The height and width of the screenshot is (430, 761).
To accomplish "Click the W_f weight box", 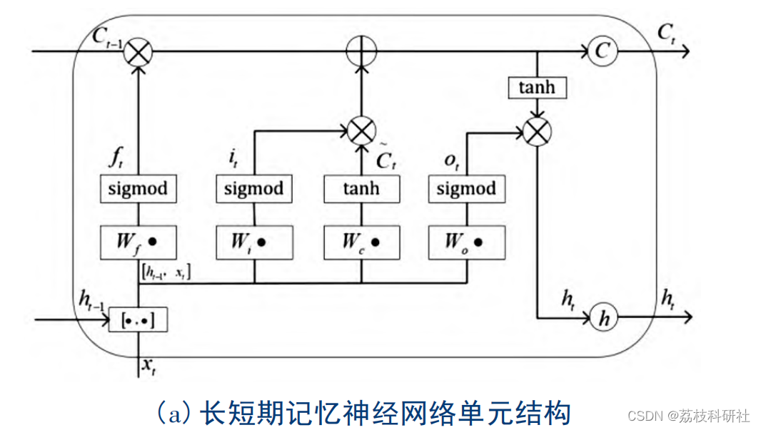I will [x=138, y=242].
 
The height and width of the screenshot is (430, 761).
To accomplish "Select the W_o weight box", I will [x=466, y=242].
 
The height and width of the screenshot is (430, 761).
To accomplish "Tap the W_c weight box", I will [x=362, y=242].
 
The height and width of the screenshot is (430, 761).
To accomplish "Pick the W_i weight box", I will [x=254, y=242].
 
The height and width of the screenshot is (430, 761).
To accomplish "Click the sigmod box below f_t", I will [x=138, y=188].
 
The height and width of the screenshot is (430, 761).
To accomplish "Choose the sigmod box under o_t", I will [x=466, y=188].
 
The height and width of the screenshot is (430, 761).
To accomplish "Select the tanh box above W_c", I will [x=362, y=188].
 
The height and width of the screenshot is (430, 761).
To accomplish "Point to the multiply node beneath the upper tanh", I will [x=536, y=131].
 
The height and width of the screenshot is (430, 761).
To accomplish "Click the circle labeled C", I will [x=602, y=52].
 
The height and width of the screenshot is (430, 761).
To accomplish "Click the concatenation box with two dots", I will [x=137, y=320].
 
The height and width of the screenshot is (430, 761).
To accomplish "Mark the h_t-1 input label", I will [x=91, y=301].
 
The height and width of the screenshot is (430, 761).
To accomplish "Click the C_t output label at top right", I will [x=666, y=31].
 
